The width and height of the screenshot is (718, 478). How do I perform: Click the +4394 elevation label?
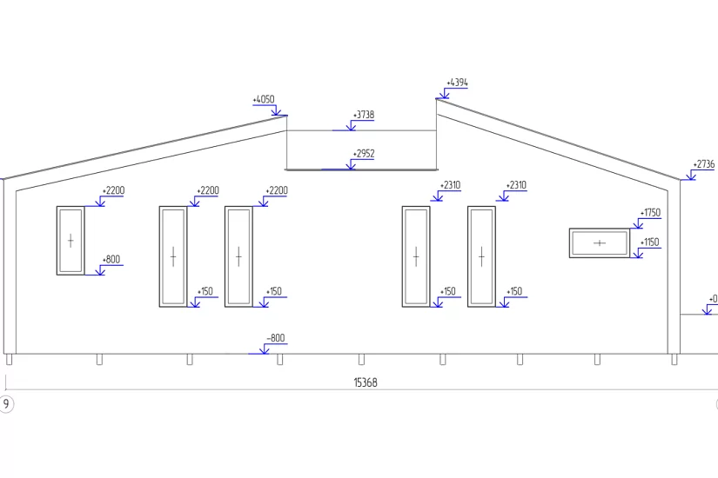click(x=457, y=83)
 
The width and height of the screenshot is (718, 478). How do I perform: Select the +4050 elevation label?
click(x=264, y=99)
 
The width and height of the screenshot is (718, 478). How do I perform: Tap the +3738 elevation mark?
click(x=364, y=115)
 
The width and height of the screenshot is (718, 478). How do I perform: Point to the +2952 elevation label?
click(x=364, y=154)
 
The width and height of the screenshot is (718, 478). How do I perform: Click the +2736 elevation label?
click(x=704, y=164)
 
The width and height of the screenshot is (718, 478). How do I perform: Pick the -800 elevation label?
click(x=276, y=338)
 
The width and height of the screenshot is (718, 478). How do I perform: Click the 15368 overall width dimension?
click(x=366, y=382)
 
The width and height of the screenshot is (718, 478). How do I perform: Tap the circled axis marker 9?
click(x=6, y=404)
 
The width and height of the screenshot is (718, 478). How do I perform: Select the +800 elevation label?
click(x=111, y=259)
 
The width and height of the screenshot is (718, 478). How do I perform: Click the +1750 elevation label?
click(x=650, y=213)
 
